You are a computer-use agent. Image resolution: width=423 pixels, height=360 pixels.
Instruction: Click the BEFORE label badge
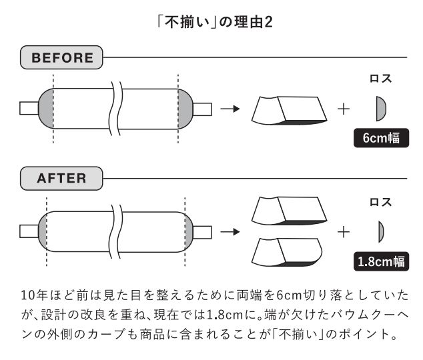click(x=63, y=58)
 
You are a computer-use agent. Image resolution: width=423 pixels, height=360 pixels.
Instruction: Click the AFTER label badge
click(x=62, y=179)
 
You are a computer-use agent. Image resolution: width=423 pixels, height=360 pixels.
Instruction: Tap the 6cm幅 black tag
click(x=381, y=138)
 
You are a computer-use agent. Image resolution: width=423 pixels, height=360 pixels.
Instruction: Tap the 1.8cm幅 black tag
click(x=381, y=261)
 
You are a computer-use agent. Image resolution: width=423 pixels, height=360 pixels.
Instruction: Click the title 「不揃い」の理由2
click(x=211, y=23)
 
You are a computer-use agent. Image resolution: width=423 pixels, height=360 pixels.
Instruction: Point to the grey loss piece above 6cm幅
click(x=381, y=107)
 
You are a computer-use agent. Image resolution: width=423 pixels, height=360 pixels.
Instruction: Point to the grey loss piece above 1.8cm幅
click(x=382, y=231)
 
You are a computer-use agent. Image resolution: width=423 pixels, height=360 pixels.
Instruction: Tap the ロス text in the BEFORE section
click(x=381, y=79)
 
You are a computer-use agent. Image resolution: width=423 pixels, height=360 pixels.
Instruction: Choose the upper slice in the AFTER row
click(x=288, y=211)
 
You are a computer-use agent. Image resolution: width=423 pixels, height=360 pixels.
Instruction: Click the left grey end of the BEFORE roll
click(x=47, y=108)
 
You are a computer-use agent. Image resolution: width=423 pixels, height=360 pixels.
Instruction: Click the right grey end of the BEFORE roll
click(x=185, y=108)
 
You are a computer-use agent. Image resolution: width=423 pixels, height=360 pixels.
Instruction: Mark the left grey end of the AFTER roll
click(x=42, y=231)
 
